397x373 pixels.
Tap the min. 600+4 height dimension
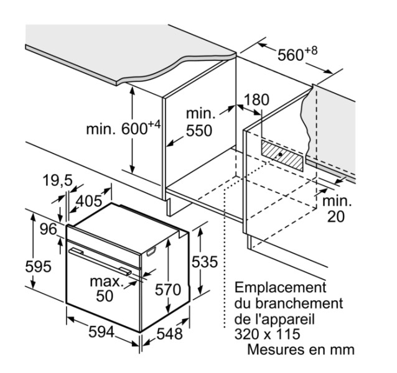[123, 129]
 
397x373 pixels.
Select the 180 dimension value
[256, 101]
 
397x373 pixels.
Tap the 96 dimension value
[49, 229]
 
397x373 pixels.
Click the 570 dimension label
[168, 290]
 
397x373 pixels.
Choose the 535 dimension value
[204, 262]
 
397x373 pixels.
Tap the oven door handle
[100, 260]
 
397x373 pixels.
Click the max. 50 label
[106, 288]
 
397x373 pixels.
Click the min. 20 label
[336, 209]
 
